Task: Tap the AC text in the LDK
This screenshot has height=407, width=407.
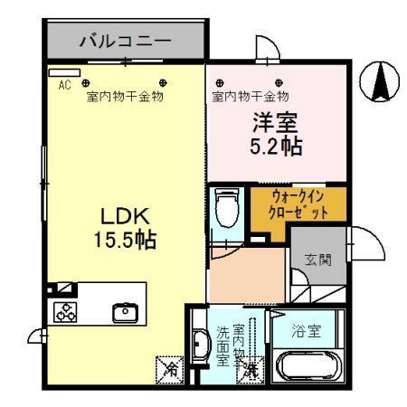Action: [x=64, y=85]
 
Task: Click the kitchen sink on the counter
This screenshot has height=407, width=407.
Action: [x=123, y=313]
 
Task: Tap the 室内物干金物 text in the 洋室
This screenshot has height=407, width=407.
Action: [x=251, y=96]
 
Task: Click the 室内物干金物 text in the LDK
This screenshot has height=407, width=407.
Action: [x=125, y=96]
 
